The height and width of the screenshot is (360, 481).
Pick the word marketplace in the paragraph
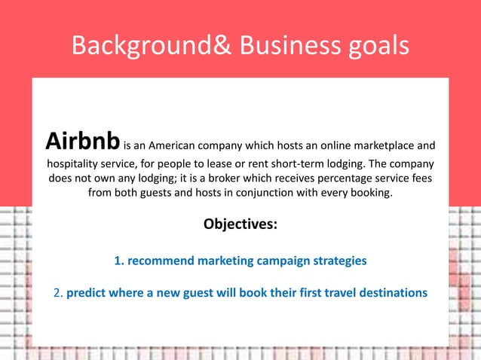point(377,145)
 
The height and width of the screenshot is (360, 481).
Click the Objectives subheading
point(240,224)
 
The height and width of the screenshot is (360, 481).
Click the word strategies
point(339,261)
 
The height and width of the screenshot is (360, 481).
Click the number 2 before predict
point(57,292)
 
